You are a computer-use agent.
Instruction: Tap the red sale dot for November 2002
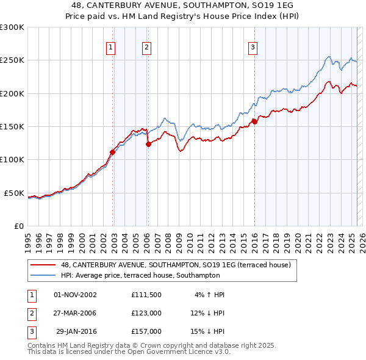112,152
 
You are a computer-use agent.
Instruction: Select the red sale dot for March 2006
148,145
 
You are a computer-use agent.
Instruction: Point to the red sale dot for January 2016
254,122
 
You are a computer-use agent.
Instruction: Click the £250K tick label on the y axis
12,60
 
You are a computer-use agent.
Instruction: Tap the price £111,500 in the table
146,295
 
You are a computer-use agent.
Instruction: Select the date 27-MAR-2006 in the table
76,313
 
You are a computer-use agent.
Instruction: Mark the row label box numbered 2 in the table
30,313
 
